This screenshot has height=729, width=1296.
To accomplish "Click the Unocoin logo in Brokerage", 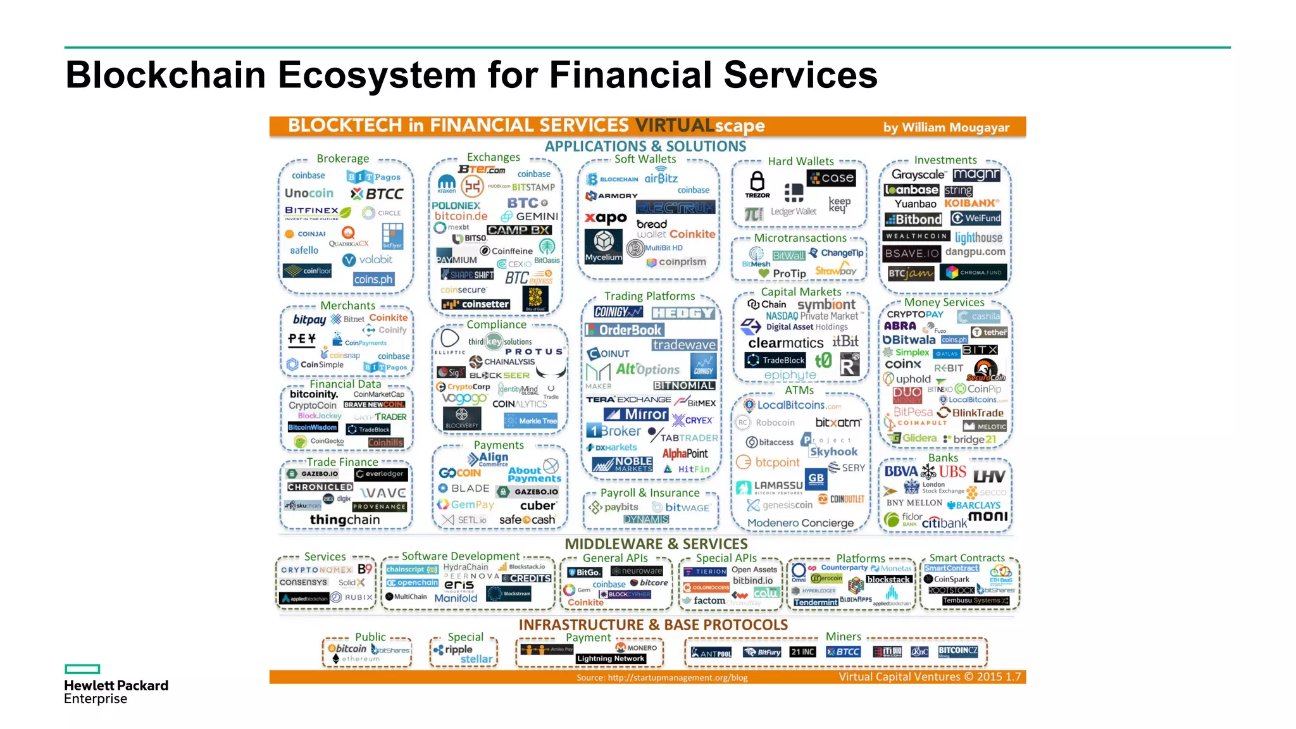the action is [309, 193].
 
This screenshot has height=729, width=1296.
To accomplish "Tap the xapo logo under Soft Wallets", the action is [606, 218].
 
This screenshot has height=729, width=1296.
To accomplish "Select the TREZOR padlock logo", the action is [757, 185].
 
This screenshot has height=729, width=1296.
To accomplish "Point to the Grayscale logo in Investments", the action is [918, 175].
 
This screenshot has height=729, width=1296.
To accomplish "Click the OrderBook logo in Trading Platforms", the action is [625, 330].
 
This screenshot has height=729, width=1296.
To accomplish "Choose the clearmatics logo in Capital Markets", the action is [785, 343].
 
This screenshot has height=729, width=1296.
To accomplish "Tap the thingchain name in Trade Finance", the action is [345, 520].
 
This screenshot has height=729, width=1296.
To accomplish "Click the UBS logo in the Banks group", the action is [952, 472].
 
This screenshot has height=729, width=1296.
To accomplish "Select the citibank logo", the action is [944, 523].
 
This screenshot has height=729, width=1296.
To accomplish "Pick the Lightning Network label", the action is [611, 659].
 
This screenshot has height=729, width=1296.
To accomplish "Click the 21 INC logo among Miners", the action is [802, 652].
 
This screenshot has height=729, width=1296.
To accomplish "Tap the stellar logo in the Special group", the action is [476, 659].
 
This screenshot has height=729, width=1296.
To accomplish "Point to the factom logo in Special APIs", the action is [709, 601].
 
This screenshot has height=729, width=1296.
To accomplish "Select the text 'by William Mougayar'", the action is [946, 127].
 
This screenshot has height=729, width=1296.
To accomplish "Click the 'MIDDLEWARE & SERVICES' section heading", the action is [656, 544].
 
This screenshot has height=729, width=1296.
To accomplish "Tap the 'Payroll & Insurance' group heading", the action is [650, 493].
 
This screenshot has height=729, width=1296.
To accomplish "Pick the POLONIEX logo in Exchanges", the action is [456, 206].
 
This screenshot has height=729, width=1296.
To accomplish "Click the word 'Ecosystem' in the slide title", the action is [377, 75].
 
